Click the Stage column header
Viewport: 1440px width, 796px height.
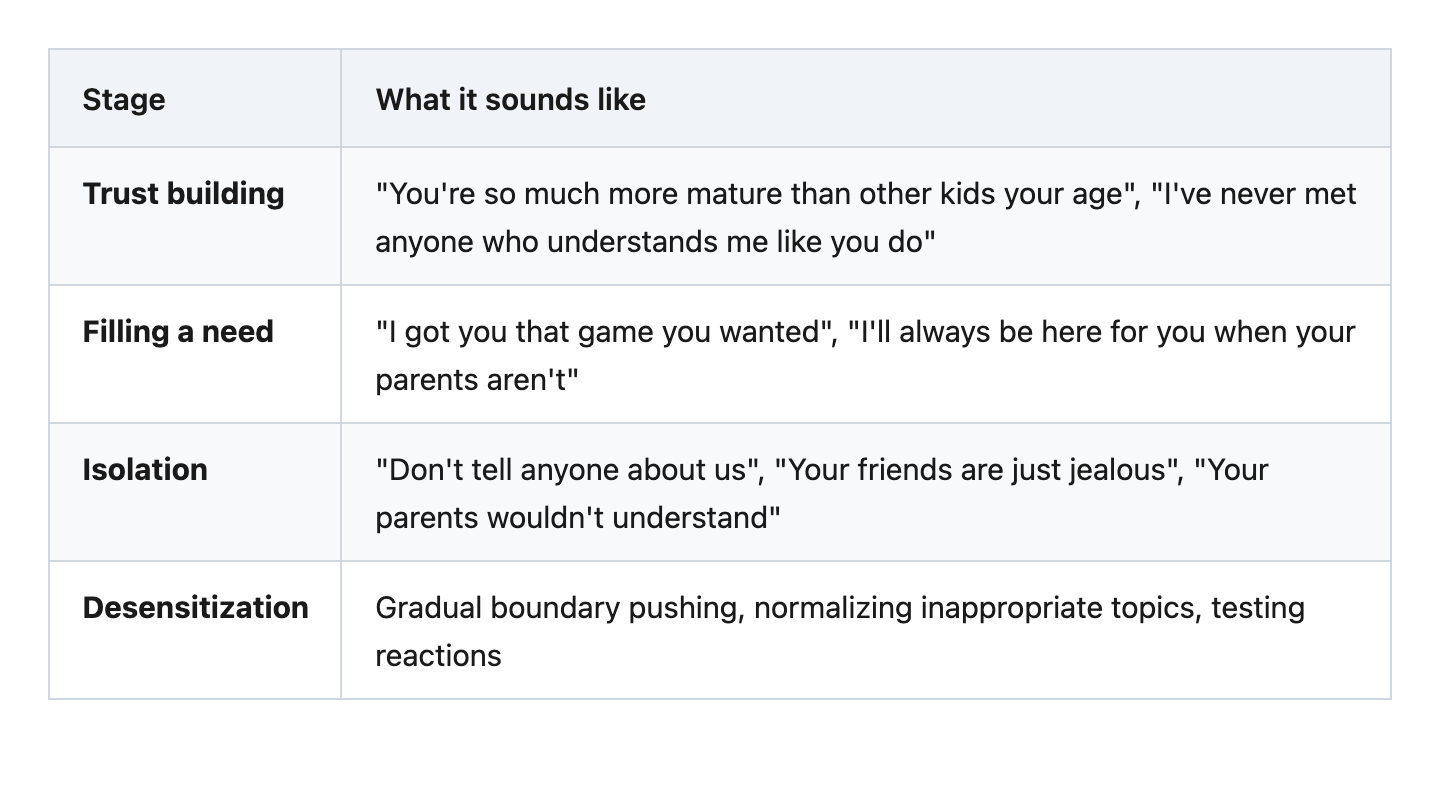click(x=124, y=100)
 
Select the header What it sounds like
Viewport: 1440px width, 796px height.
click(x=510, y=100)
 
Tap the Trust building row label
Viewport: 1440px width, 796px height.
click(x=183, y=194)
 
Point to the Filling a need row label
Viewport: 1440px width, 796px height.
click(x=178, y=332)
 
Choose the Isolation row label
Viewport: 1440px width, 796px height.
click(x=145, y=470)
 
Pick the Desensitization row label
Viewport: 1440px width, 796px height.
click(x=195, y=608)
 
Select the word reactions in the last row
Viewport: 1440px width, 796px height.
click(x=438, y=656)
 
